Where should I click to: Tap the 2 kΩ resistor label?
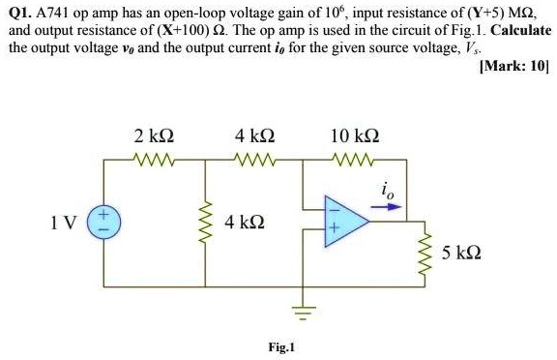pos(154,135)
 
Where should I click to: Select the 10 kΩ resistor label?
pos(354,135)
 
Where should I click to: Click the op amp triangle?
pos(342,221)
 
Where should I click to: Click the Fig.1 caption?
pos(282,346)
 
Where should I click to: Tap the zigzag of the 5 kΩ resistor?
pos(422,255)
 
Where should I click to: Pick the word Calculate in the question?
pos(520,29)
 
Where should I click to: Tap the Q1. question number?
pos(20,14)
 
